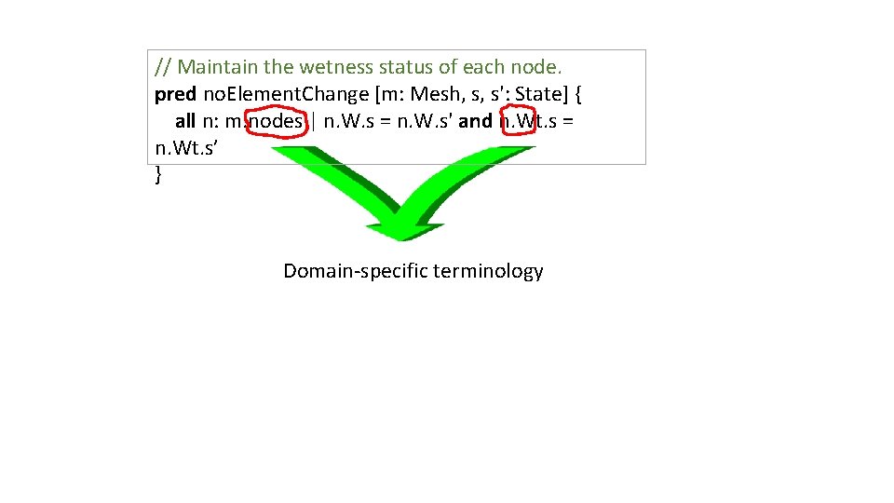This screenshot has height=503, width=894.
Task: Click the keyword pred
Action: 175,94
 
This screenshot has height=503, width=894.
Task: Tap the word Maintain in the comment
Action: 221,67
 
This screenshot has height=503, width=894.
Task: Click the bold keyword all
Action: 185,121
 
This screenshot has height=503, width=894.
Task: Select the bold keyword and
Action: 475,121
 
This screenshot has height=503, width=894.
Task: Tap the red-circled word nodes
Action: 277,121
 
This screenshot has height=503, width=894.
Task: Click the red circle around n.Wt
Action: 518,121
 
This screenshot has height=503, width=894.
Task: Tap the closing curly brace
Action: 158,174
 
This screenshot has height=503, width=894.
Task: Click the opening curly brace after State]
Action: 578,94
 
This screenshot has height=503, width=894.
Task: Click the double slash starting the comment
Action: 163,67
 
